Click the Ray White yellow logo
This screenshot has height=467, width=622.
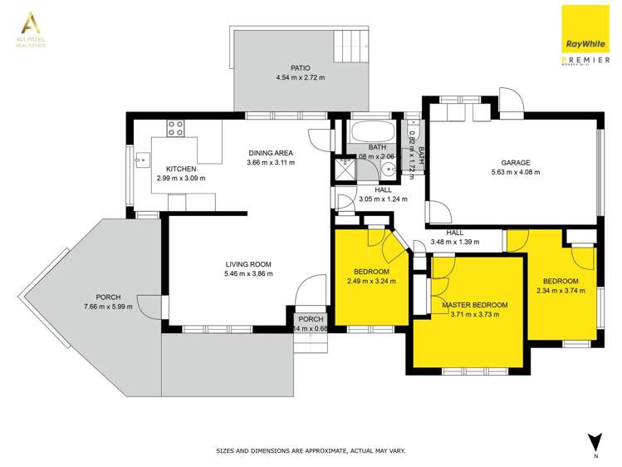pyautogui.click(x=586, y=31)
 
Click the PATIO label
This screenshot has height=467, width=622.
pyautogui.click(x=300, y=67)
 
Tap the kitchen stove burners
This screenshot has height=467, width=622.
pyautogui.click(x=175, y=128)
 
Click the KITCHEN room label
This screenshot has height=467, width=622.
pyautogui.click(x=180, y=168)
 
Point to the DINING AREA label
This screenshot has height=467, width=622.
pyautogui.click(x=270, y=152)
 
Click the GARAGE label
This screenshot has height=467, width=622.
pyautogui.click(x=515, y=162)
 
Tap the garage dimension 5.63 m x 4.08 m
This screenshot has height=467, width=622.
pyautogui.click(x=515, y=173)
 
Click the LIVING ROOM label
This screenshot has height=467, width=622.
pyautogui.click(x=248, y=263)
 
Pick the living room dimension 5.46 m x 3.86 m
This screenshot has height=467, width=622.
pyautogui.click(x=248, y=273)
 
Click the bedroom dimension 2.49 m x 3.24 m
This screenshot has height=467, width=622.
pyautogui.click(x=371, y=282)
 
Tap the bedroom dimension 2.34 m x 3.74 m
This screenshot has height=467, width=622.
pyautogui.click(x=561, y=291)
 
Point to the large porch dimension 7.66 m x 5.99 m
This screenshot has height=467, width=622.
pyautogui.click(x=109, y=307)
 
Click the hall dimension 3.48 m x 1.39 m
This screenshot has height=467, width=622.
pyautogui.click(x=454, y=242)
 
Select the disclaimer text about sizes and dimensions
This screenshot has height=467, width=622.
pyautogui.click(x=311, y=450)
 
